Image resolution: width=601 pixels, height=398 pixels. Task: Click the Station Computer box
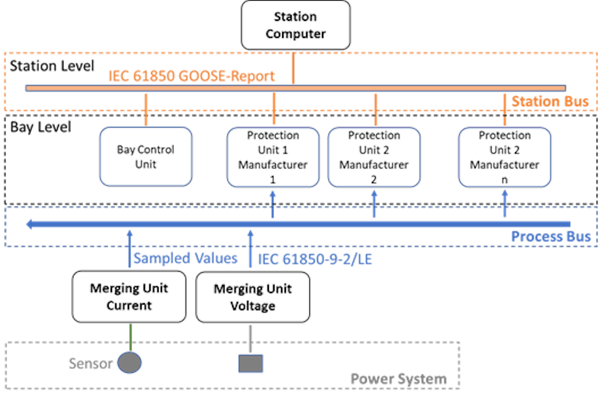pos(295,25)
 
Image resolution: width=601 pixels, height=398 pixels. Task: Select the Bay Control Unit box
pos(146,157)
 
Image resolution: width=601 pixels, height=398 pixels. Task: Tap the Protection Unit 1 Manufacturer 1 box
pos(273,157)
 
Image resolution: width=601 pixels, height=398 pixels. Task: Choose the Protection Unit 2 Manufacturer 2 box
pos(374,157)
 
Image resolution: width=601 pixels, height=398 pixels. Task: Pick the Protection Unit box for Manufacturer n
pos(504,157)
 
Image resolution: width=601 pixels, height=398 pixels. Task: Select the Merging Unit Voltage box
pos(252,297)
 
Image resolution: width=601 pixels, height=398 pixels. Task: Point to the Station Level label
pos(52,65)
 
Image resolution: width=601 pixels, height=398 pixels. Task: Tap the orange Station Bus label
pos(550,102)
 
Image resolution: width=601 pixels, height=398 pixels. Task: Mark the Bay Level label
pos(40,127)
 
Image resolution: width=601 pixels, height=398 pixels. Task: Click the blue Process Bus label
pos(550,237)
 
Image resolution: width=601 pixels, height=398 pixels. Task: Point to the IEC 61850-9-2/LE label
pos(314,258)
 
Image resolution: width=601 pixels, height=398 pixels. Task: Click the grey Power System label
pos(399,379)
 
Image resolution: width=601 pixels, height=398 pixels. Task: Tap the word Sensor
pos(90,363)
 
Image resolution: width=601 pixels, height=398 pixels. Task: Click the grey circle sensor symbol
pos(130,363)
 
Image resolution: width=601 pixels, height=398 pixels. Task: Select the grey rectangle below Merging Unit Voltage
pos(251,363)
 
